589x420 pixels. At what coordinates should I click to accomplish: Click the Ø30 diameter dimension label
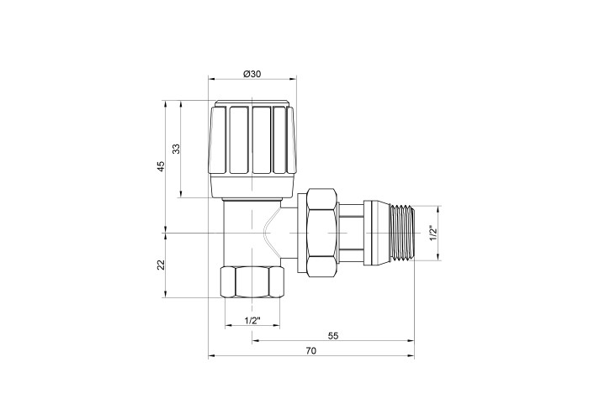(252, 74)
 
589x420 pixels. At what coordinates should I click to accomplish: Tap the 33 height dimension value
(177, 149)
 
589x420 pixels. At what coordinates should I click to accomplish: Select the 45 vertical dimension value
(161, 166)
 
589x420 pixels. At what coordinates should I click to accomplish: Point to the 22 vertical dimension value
(161, 265)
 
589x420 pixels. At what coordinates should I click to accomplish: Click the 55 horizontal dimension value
(333, 336)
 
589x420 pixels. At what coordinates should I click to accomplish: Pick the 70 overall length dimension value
(311, 350)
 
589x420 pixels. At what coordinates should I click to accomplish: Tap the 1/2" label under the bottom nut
(252, 321)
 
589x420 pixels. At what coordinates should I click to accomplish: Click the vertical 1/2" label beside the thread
(433, 234)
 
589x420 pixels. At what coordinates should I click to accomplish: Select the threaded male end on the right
(402, 234)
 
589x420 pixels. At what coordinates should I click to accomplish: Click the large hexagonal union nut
(321, 233)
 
